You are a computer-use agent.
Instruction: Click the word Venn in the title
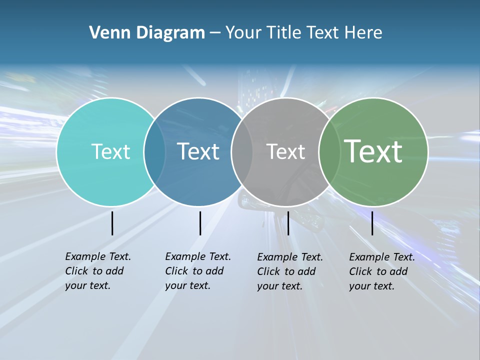coord(105,33)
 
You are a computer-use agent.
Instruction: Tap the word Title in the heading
coord(284,33)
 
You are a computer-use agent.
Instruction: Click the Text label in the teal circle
coord(110,151)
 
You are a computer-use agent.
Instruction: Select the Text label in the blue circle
coord(198,151)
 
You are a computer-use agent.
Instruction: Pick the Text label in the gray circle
coord(285,152)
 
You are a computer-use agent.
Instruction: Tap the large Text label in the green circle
coord(373,151)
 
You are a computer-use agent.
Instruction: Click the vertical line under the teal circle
coord(112,223)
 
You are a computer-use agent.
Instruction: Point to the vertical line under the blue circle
coord(200,223)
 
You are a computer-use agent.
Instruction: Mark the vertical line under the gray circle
coord(288,223)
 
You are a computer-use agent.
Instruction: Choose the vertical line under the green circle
coord(372,223)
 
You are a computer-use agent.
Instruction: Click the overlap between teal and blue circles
coord(154,152)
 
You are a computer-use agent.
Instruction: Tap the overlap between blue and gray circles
coord(242,152)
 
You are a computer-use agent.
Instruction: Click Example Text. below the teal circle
coord(98,256)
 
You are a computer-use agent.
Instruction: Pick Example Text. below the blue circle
coord(198,256)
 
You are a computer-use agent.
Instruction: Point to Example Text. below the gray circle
coord(290,257)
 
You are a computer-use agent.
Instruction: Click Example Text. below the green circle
coord(382,257)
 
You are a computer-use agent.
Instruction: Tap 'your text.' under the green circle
coord(371,286)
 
